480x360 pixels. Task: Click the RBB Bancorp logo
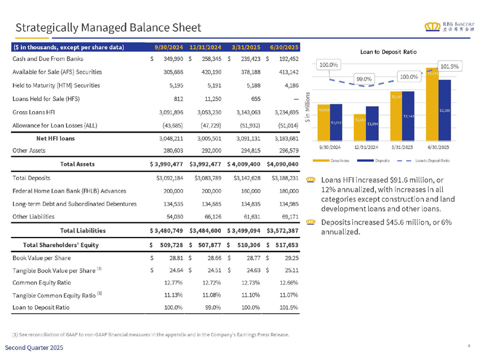click(450, 26)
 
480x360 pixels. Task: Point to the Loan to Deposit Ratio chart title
click(388, 51)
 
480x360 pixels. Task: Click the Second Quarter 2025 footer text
click(36, 348)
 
